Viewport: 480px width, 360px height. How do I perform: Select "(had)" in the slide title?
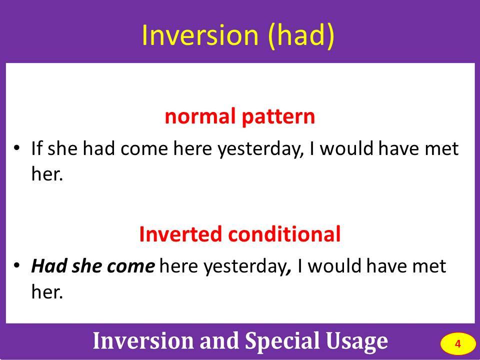(301, 35)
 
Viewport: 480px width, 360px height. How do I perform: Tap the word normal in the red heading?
(200, 116)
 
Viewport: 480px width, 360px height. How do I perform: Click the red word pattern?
(278, 117)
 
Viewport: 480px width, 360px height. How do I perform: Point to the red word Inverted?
(180, 234)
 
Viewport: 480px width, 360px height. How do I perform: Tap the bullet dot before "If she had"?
(16, 148)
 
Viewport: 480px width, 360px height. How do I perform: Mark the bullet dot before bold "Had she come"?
(16, 264)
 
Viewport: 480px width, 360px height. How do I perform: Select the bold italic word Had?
(49, 265)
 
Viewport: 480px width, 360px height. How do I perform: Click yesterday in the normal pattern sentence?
(260, 149)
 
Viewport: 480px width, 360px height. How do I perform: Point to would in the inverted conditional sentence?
(334, 265)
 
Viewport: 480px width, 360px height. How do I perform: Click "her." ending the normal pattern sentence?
(47, 173)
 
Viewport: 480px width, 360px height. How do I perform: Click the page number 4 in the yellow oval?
(457, 344)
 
